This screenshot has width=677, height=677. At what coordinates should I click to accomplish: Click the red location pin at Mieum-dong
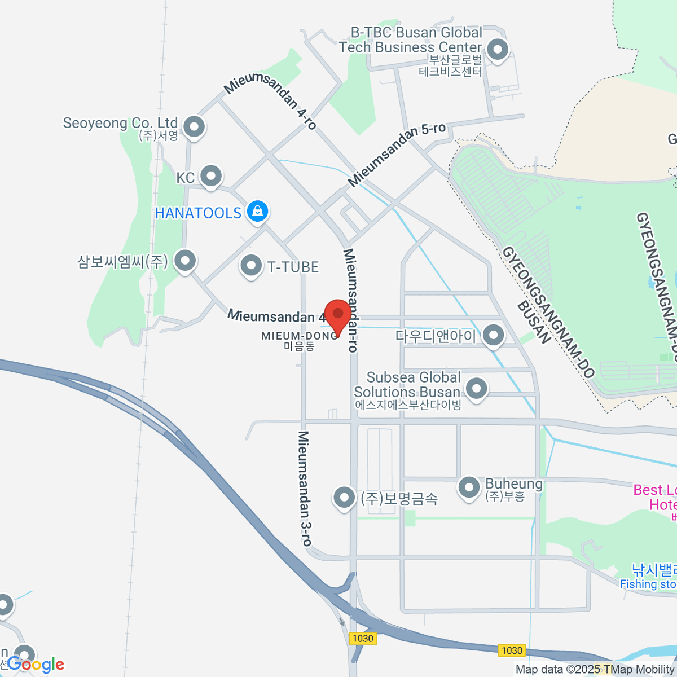click(338, 314)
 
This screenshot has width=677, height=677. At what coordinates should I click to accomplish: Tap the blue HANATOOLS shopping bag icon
click(257, 212)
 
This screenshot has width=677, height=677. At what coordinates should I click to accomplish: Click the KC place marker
click(211, 176)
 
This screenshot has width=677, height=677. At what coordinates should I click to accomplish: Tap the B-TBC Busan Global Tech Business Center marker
click(498, 50)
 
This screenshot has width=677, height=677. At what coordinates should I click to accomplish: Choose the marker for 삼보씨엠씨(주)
click(184, 261)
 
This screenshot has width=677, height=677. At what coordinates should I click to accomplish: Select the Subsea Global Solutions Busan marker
click(477, 388)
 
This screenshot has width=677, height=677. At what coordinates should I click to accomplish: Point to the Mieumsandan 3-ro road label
click(305, 489)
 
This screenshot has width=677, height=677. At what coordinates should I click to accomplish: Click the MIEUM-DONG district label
click(300, 336)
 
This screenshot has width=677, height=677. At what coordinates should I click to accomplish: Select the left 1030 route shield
click(362, 638)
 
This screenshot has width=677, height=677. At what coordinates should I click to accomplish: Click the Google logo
click(36, 665)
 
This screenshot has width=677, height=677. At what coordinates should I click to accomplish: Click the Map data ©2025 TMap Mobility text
click(595, 670)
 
